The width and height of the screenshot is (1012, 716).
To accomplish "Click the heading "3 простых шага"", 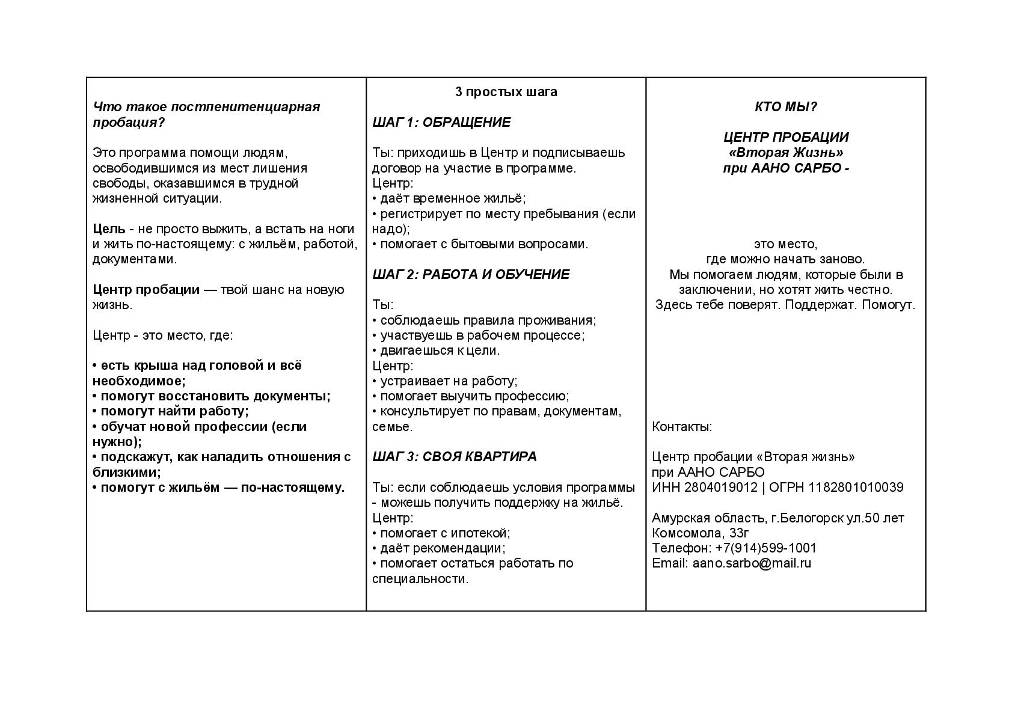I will (506, 92).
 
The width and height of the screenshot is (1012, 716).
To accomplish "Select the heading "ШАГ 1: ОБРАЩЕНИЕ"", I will (441, 123).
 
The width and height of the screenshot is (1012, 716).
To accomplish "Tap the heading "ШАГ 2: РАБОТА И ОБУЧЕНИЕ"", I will (470, 275).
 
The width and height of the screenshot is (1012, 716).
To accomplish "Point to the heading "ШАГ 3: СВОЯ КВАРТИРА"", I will (454, 457).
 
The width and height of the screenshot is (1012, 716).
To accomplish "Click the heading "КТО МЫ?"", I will (785, 107).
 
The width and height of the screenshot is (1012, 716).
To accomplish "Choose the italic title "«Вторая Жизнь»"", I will (785, 153).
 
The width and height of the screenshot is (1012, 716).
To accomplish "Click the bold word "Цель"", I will (109, 229).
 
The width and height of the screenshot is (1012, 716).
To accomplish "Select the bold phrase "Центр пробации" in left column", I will (146, 290).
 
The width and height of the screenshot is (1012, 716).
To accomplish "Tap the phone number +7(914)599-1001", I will (765, 548).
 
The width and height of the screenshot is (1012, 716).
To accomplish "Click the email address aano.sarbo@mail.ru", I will (752, 563).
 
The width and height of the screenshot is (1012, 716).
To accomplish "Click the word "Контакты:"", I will (682, 427).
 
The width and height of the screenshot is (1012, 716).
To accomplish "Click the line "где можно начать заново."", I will (785, 259).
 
